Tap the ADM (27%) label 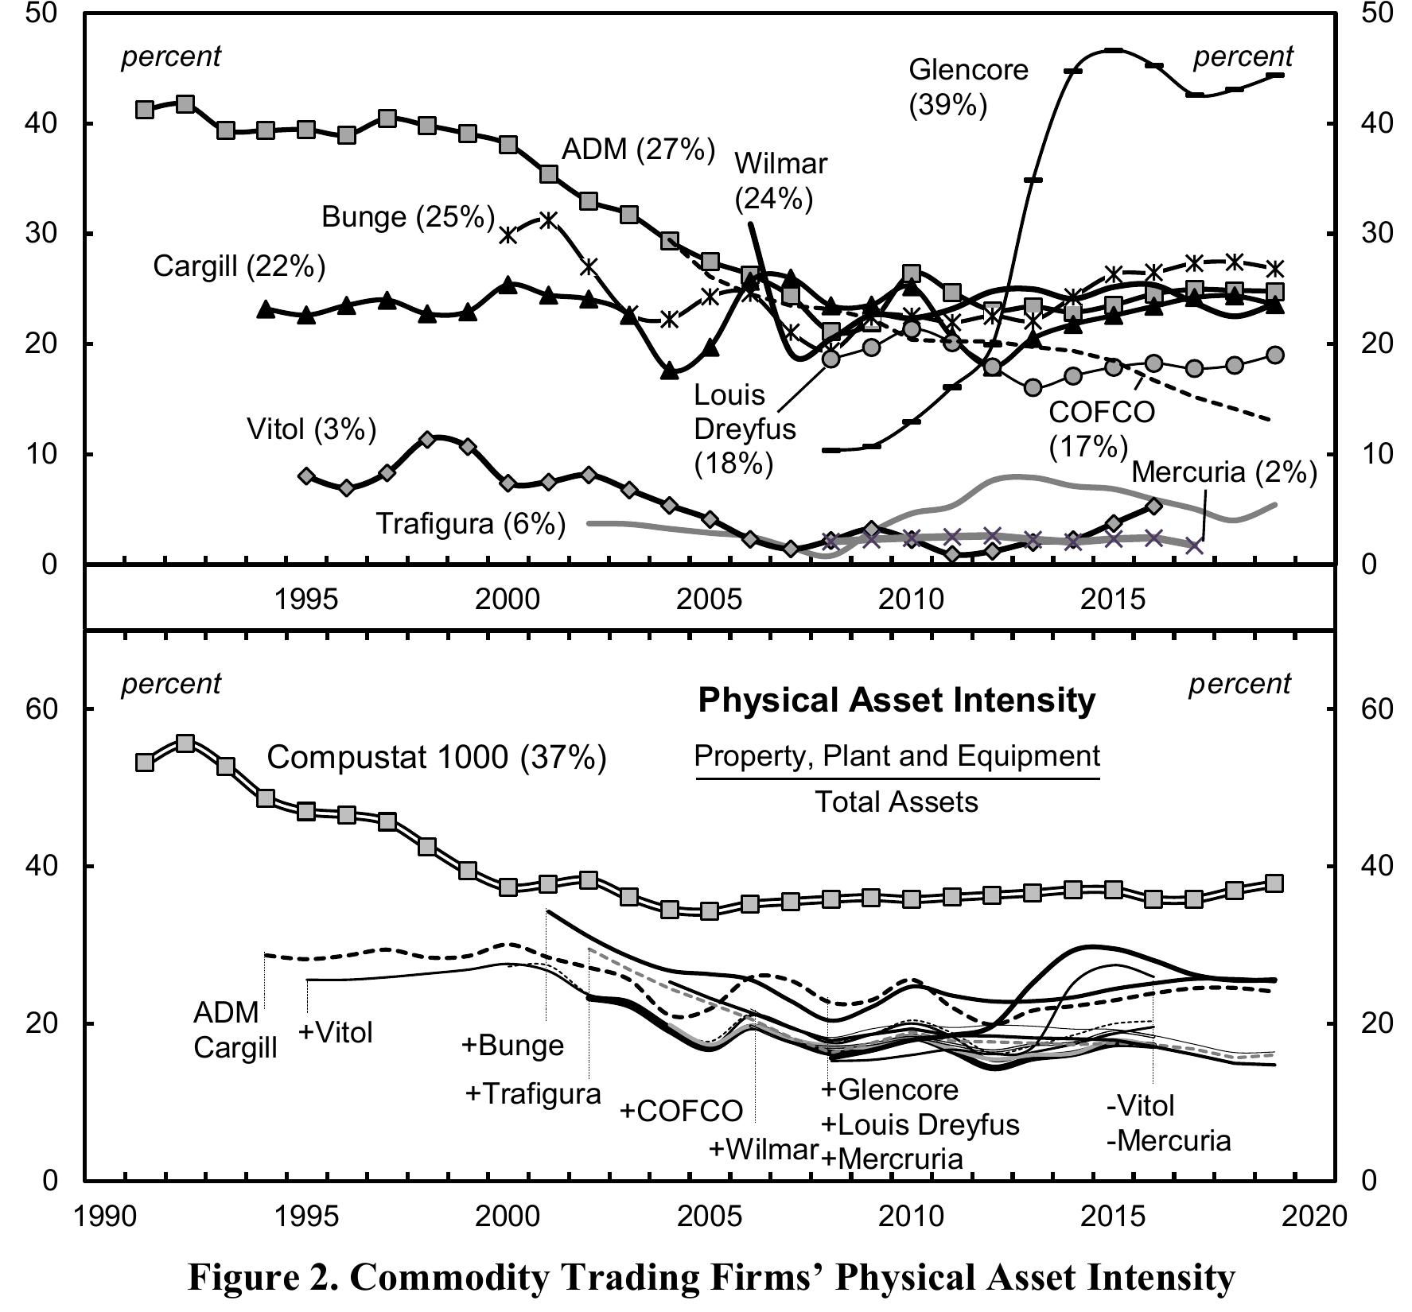click(638, 149)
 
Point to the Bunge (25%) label click(408, 216)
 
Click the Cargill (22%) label click(239, 266)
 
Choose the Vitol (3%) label click(311, 429)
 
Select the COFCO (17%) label click(1101, 429)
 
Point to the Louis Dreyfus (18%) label click(745, 429)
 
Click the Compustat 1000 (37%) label click(436, 757)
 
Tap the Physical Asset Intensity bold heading click(897, 701)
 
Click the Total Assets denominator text click(897, 802)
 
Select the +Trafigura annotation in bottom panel click(532, 1093)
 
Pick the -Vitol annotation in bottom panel click(1140, 1105)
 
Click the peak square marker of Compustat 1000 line click(185, 743)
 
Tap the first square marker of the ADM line click(145, 110)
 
